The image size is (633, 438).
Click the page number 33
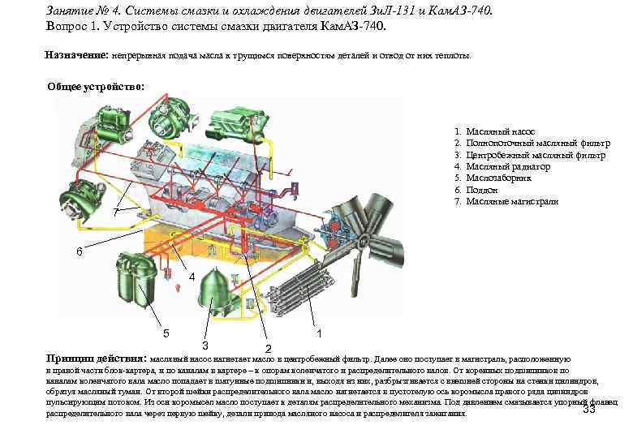point(590,409)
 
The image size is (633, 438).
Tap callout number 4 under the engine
point(192,277)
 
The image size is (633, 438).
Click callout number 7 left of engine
point(116,212)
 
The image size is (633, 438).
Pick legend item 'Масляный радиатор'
point(508,166)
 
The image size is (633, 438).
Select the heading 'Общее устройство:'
point(96,87)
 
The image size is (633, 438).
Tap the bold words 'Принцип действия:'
point(97,358)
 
